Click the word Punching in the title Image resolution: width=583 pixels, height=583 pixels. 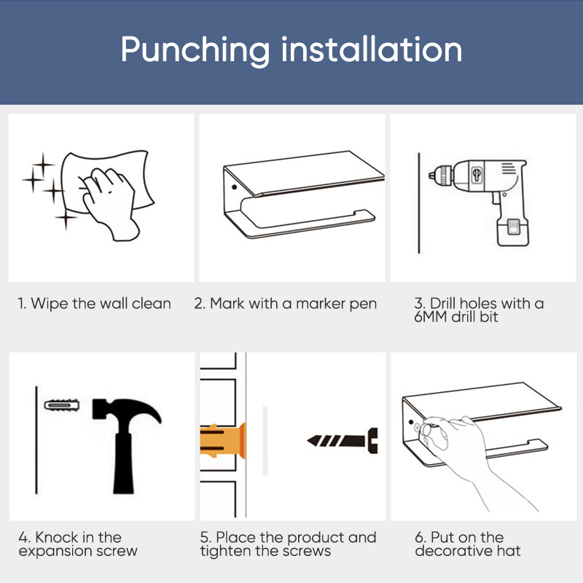click(195, 51)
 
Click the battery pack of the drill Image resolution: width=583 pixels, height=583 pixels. click(513, 231)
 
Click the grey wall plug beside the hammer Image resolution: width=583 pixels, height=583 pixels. click(62, 405)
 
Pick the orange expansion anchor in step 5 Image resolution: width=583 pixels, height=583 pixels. click(223, 441)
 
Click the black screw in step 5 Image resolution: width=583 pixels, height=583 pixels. click(343, 441)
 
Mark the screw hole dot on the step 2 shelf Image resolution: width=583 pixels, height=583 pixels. click(234, 187)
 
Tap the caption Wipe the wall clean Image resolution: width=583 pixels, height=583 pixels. click(95, 304)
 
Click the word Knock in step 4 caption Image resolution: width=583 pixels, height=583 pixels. click(57, 537)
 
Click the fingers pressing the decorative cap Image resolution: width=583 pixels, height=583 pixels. click(433, 431)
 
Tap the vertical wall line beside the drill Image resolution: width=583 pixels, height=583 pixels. click(419, 203)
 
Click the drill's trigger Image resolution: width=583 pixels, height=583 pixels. click(495, 197)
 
